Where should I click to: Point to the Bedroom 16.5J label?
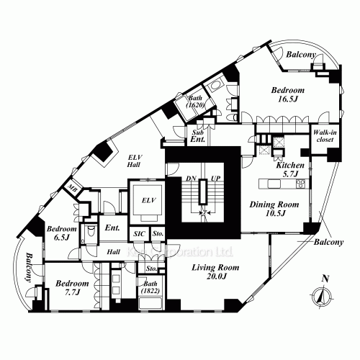coord(287,96)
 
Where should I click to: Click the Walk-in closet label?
coord(322,136)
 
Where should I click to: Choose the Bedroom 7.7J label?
coord(72,289)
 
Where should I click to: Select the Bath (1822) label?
coord(150,296)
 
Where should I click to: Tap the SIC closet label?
coord(139,234)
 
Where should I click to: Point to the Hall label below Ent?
coord(114,253)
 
